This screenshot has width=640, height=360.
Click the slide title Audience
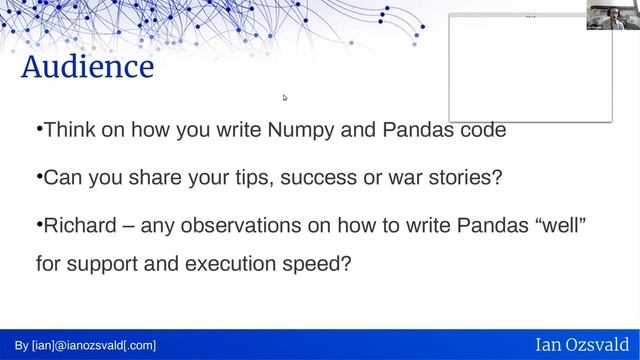[x=88, y=68]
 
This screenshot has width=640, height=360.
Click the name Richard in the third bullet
[x=79, y=226]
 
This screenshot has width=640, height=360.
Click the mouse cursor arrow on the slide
[x=285, y=98]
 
